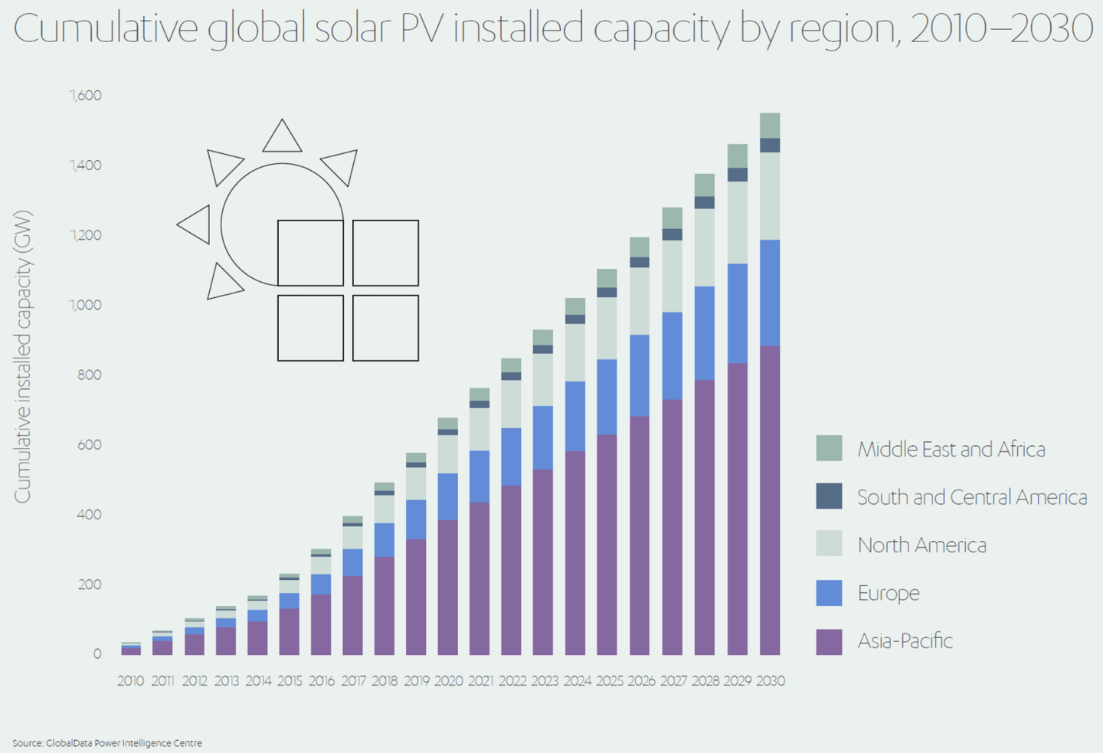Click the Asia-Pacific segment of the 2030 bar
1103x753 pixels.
(x=770, y=500)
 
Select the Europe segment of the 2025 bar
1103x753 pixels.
(x=607, y=397)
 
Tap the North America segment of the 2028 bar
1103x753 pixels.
(x=705, y=247)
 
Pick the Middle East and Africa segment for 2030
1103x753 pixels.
(x=770, y=126)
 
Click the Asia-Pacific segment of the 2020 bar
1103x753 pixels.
(x=447, y=588)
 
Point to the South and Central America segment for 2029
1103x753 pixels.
(x=737, y=175)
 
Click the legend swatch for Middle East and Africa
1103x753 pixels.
(x=829, y=448)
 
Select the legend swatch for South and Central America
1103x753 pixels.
(x=829, y=496)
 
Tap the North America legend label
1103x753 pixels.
(x=921, y=545)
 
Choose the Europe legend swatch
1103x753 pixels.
(x=829, y=593)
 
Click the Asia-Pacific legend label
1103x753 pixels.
(x=905, y=640)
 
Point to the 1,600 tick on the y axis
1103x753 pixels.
(x=85, y=95)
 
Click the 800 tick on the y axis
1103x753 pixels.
(x=89, y=375)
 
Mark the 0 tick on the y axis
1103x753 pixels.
(x=97, y=654)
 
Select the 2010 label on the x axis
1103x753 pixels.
(x=130, y=680)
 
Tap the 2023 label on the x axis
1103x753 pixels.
(x=545, y=680)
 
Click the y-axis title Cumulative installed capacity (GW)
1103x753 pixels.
(x=23, y=357)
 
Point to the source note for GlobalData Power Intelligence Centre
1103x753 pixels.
(x=107, y=742)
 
